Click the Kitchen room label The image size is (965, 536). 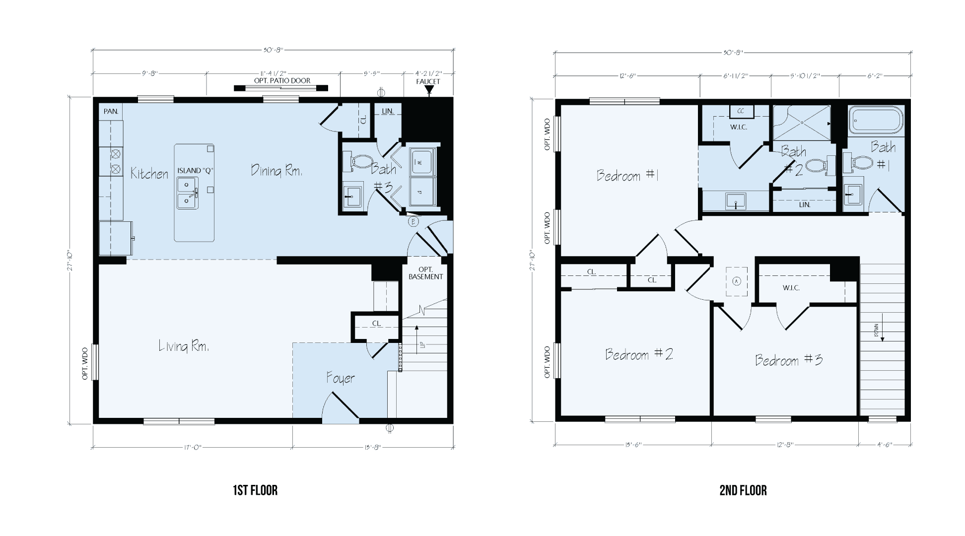[149, 173]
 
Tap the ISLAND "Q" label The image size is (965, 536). [195, 170]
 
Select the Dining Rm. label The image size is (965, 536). [276, 171]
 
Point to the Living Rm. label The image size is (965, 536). [184, 346]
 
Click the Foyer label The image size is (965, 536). [341, 378]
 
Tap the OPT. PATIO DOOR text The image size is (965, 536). [282, 80]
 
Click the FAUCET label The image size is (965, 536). [428, 81]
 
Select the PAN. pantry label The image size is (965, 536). [111, 111]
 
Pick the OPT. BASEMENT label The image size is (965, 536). [425, 273]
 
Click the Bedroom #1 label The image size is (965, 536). [627, 175]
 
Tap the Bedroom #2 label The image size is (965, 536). [639, 354]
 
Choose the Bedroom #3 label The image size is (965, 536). [789, 360]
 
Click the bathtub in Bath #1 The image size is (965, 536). [876, 120]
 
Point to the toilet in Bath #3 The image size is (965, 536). [361, 161]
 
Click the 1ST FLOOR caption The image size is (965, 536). [255, 491]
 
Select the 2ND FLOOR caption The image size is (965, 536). [743, 491]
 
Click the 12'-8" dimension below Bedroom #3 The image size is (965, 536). [784, 445]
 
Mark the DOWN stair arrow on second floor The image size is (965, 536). [877, 333]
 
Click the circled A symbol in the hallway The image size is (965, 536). [737, 281]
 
